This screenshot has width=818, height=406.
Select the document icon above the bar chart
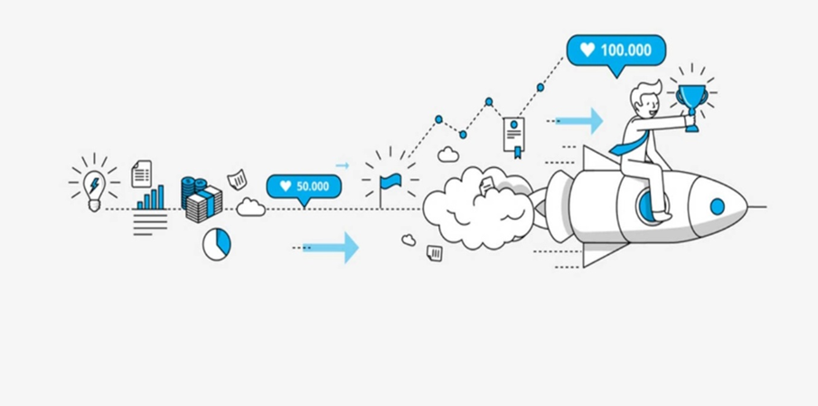(142, 173)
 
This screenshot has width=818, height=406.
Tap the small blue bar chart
(151, 197)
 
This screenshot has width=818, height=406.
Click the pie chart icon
(216, 243)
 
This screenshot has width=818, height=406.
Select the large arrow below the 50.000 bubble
(331, 247)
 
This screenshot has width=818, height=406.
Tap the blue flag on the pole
(390, 180)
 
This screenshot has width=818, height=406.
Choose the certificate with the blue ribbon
(514, 135)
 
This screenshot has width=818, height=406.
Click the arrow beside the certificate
(578, 119)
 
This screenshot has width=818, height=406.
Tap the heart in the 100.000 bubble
(588, 51)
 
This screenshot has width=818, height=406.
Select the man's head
(646, 99)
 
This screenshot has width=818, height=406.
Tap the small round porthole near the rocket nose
(717, 207)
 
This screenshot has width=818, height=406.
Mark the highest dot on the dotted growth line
(541, 87)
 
